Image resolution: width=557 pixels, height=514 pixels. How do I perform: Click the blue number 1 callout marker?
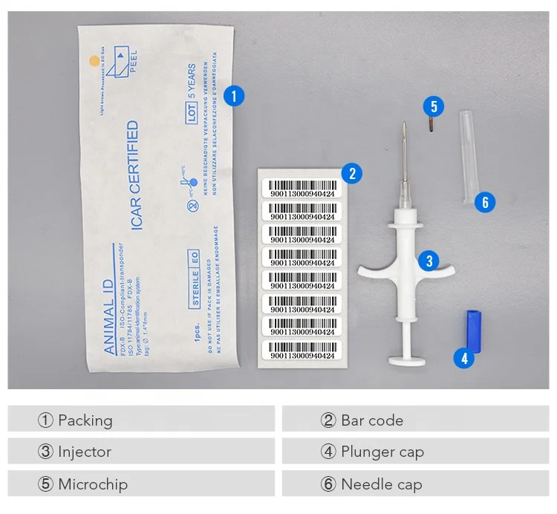234,96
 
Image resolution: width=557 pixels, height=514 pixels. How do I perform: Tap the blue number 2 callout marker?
352,174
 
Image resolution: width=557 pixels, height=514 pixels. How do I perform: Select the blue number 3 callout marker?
429,260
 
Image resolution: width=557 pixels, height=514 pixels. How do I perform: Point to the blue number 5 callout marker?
434,106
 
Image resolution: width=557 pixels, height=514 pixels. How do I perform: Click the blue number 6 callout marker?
485,201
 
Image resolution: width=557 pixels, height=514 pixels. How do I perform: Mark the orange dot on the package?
94,60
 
